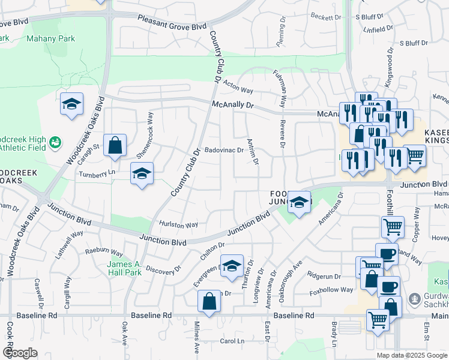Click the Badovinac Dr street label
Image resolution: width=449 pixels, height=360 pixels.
tap(223, 150)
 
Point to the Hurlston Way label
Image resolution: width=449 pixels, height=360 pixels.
tap(178, 225)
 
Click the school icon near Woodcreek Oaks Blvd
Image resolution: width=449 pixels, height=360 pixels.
tap(71, 104)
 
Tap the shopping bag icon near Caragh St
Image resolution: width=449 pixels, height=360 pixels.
tap(115, 145)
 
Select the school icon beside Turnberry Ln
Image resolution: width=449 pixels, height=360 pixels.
tap(142, 174)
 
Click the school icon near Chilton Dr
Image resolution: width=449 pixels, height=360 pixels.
tap(231, 266)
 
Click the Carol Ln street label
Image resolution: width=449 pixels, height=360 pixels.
tap(232, 341)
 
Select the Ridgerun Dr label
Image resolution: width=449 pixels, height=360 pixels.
tap(324, 277)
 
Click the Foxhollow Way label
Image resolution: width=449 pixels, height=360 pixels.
tap(331, 290)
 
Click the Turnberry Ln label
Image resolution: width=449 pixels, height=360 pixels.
tap(97, 173)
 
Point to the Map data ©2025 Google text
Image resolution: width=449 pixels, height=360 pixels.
tap(411, 355)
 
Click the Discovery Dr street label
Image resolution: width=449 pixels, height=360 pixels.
tap(163, 268)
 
